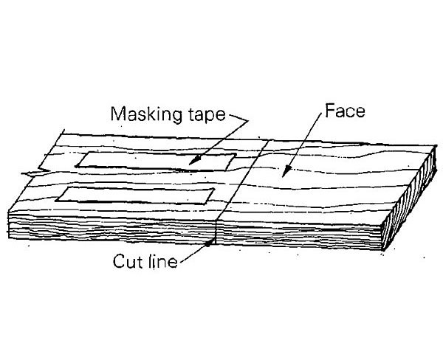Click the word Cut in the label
(126, 261)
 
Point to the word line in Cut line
(162, 261)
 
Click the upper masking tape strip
(154, 160)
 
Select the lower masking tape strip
(137, 195)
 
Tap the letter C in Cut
(118, 261)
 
